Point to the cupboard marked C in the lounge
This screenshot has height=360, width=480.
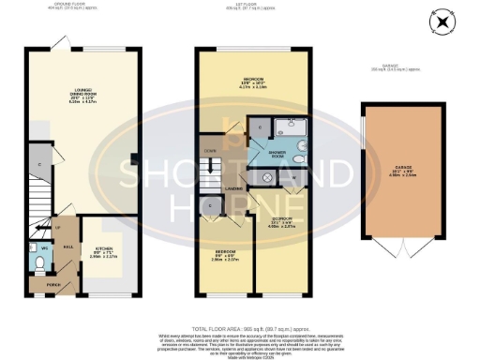point(39,164)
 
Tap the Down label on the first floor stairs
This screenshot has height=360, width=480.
point(211,149)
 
